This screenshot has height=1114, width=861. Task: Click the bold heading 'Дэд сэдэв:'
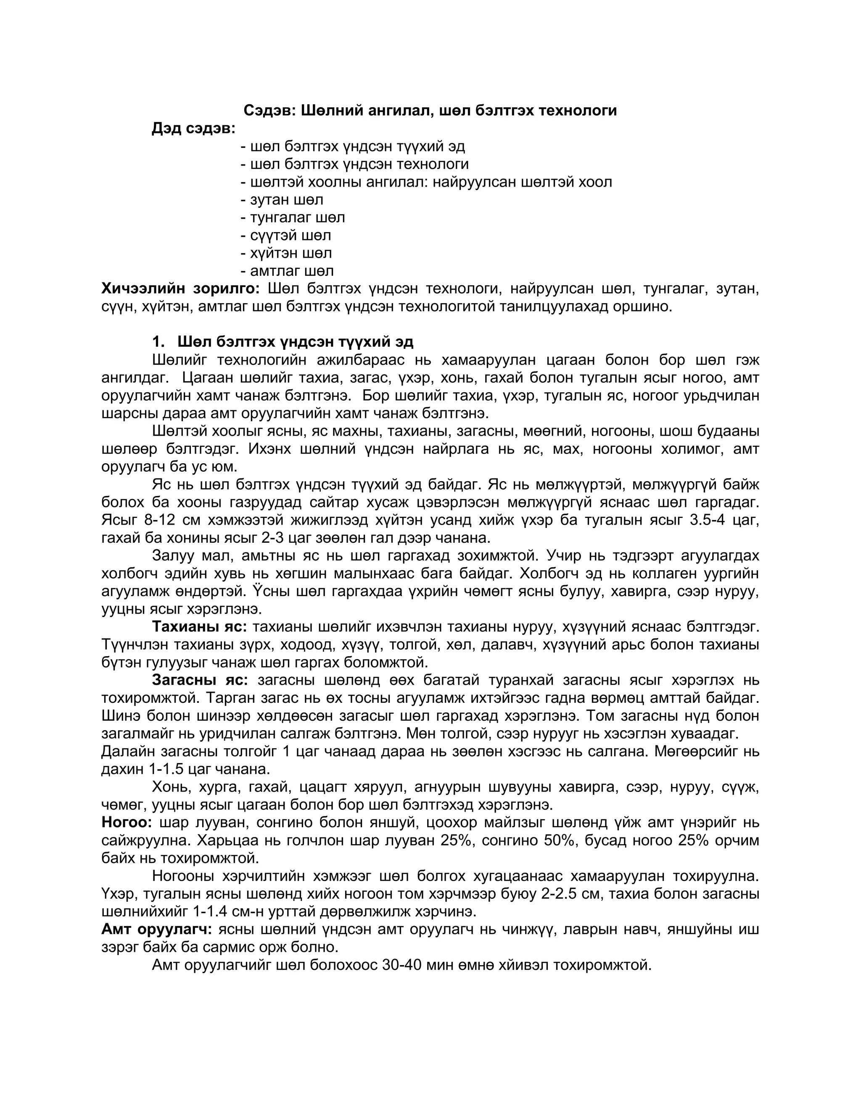coord(193,129)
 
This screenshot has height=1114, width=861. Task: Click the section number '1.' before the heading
coord(158,341)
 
